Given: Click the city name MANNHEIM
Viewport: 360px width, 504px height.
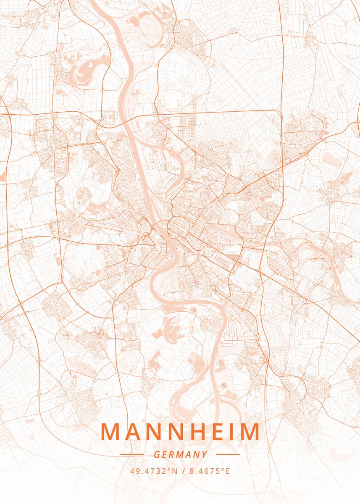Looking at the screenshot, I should (x=180, y=432).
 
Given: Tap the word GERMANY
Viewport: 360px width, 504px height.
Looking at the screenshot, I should (x=180, y=454).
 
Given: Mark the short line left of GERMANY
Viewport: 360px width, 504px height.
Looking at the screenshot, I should (x=132, y=454).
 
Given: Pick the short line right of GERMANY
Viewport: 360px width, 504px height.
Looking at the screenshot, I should (x=228, y=454).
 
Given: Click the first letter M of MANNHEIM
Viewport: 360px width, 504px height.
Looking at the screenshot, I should (x=110, y=432).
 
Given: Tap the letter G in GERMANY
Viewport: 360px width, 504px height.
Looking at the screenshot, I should (x=157, y=454).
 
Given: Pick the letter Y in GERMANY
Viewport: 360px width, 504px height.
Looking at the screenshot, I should (x=204, y=454).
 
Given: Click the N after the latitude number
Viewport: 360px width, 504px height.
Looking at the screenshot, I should (x=173, y=471).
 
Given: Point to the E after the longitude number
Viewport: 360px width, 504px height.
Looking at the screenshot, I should (x=228, y=471).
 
